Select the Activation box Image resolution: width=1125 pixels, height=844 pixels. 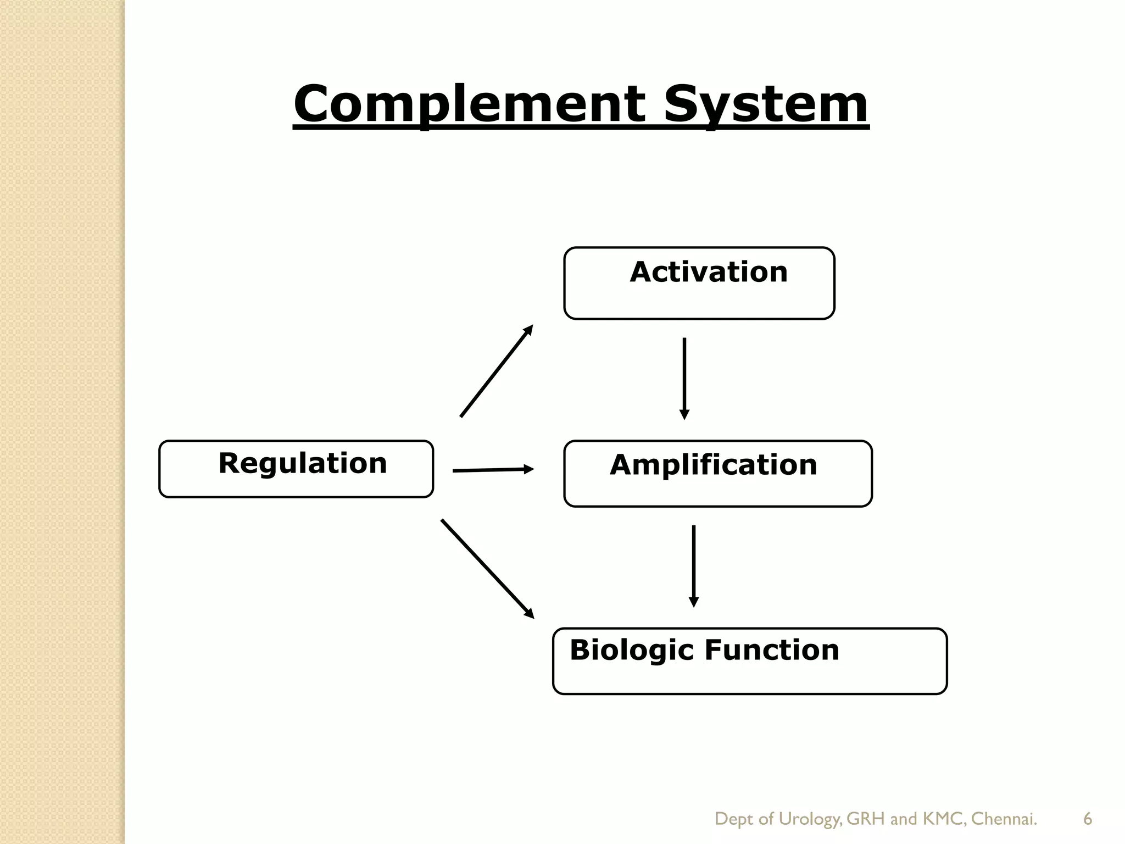click(699, 284)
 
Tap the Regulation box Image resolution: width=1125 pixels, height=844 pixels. click(296, 469)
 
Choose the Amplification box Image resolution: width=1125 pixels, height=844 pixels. click(717, 473)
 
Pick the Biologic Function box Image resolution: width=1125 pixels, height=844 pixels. click(749, 661)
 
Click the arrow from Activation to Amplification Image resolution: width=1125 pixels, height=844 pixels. click(684, 379)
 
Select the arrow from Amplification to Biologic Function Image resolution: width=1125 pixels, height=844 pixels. click(694, 566)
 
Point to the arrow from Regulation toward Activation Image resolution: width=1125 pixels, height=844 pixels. click(497, 371)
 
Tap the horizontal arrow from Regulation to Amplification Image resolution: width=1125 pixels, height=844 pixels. click(493, 470)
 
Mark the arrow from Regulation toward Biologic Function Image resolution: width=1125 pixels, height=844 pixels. click(487, 569)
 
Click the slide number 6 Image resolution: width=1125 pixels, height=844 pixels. click(1087, 819)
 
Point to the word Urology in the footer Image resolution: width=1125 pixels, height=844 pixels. click(810, 819)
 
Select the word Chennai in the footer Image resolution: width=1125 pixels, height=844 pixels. click(1004, 819)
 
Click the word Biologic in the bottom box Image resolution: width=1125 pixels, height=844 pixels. click(632, 650)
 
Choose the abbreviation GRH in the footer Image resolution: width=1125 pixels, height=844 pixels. click(866, 819)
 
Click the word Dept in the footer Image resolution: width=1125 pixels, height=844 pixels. click(733, 819)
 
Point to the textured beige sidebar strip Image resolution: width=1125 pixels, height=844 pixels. click(62, 422)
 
